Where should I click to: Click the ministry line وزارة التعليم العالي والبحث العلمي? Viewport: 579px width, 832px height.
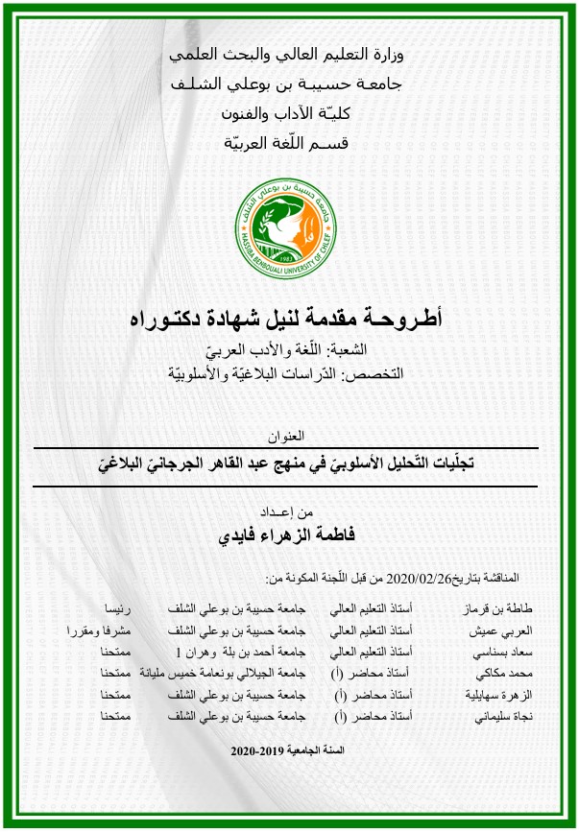(290, 56)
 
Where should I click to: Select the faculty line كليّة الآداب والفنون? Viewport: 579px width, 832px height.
(290, 115)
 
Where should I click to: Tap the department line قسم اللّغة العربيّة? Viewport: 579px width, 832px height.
(290, 145)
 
